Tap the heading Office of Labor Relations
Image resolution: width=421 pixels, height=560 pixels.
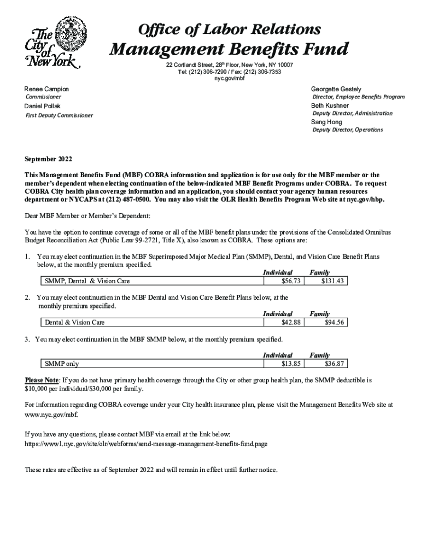(229, 28)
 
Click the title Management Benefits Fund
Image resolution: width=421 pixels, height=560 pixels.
(229, 50)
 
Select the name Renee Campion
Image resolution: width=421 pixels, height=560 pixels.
(47, 89)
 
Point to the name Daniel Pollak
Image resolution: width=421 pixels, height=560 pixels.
(43, 106)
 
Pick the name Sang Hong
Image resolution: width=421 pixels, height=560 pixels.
(327, 121)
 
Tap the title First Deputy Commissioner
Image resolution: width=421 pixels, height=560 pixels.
(60, 115)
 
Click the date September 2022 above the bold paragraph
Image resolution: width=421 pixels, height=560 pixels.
(48, 159)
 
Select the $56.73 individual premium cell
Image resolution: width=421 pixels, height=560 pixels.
(284, 281)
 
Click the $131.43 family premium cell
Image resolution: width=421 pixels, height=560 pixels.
(327, 281)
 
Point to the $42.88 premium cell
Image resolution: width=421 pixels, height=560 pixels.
(284, 322)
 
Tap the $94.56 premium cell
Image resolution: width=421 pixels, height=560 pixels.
(327, 322)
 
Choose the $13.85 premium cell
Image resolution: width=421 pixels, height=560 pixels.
(284, 364)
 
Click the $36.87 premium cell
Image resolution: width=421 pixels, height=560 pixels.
(327, 364)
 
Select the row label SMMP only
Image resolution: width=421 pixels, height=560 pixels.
(61, 364)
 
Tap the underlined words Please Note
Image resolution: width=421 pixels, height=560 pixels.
(42, 380)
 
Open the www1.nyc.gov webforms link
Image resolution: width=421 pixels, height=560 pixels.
(147, 444)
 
